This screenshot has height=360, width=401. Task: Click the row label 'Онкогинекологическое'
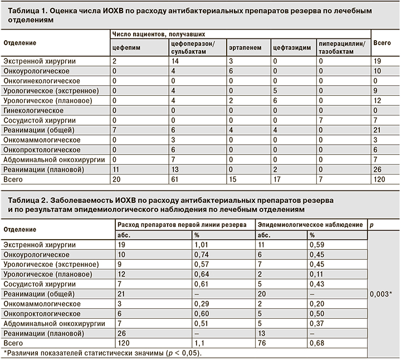42,81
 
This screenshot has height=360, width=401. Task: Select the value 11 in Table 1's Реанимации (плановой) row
116,169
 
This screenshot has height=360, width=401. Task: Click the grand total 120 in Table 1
380,179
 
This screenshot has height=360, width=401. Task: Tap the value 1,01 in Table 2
202,245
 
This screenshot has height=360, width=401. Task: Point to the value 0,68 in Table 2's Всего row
318,343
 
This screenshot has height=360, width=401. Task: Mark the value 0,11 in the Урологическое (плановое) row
317,274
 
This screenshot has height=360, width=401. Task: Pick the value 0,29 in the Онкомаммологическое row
201,304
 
